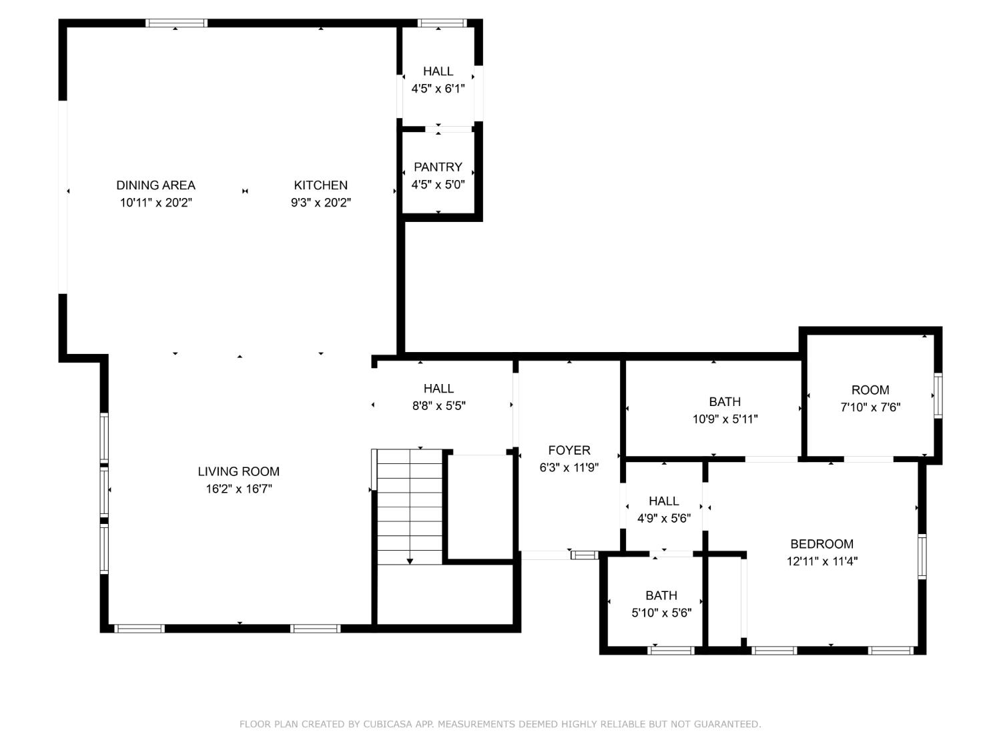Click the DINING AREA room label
pyautogui.click(x=155, y=185)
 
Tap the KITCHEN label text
pyautogui.click(x=320, y=185)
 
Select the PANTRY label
pyautogui.click(x=438, y=167)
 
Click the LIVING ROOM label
pyautogui.click(x=238, y=471)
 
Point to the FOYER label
pyautogui.click(x=569, y=451)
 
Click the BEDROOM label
pyautogui.click(x=821, y=544)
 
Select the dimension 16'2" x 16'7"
pyautogui.click(x=238, y=489)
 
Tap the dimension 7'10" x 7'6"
pyautogui.click(x=870, y=407)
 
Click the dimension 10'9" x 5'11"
pyautogui.click(x=725, y=419)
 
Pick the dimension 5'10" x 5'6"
pyautogui.click(x=661, y=613)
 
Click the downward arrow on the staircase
pyautogui.click(x=410, y=560)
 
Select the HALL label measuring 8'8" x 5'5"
pyautogui.click(x=438, y=389)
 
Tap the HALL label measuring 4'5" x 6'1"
pyautogui.click(x=438, y=71)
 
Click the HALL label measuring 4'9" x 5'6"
pyautogui.click(x=663, y=501)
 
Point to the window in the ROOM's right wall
pyautogui.click(x=938, y=395)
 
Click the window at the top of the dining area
pyautogui.click(x=176, y=23)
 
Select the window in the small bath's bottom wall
pyautogui.click(x=671, y=650)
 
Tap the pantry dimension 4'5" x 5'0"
pyautogui.click(x=438, y=185)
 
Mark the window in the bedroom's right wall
pyautogui.click(x=922, y=556)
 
